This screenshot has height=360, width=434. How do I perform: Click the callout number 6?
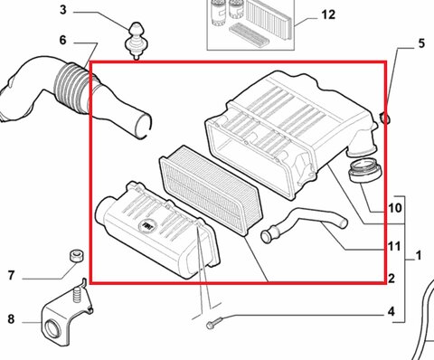click(63, 41)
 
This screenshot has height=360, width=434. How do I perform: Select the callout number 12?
click(327, 15)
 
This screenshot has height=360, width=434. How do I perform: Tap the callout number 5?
click(420, 43)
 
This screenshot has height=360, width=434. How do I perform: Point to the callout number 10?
click(394, 208)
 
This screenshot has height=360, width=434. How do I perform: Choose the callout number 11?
click(393, 245)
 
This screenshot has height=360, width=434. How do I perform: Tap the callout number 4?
click(391, 312)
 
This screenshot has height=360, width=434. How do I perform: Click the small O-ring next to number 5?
click(386, 118)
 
